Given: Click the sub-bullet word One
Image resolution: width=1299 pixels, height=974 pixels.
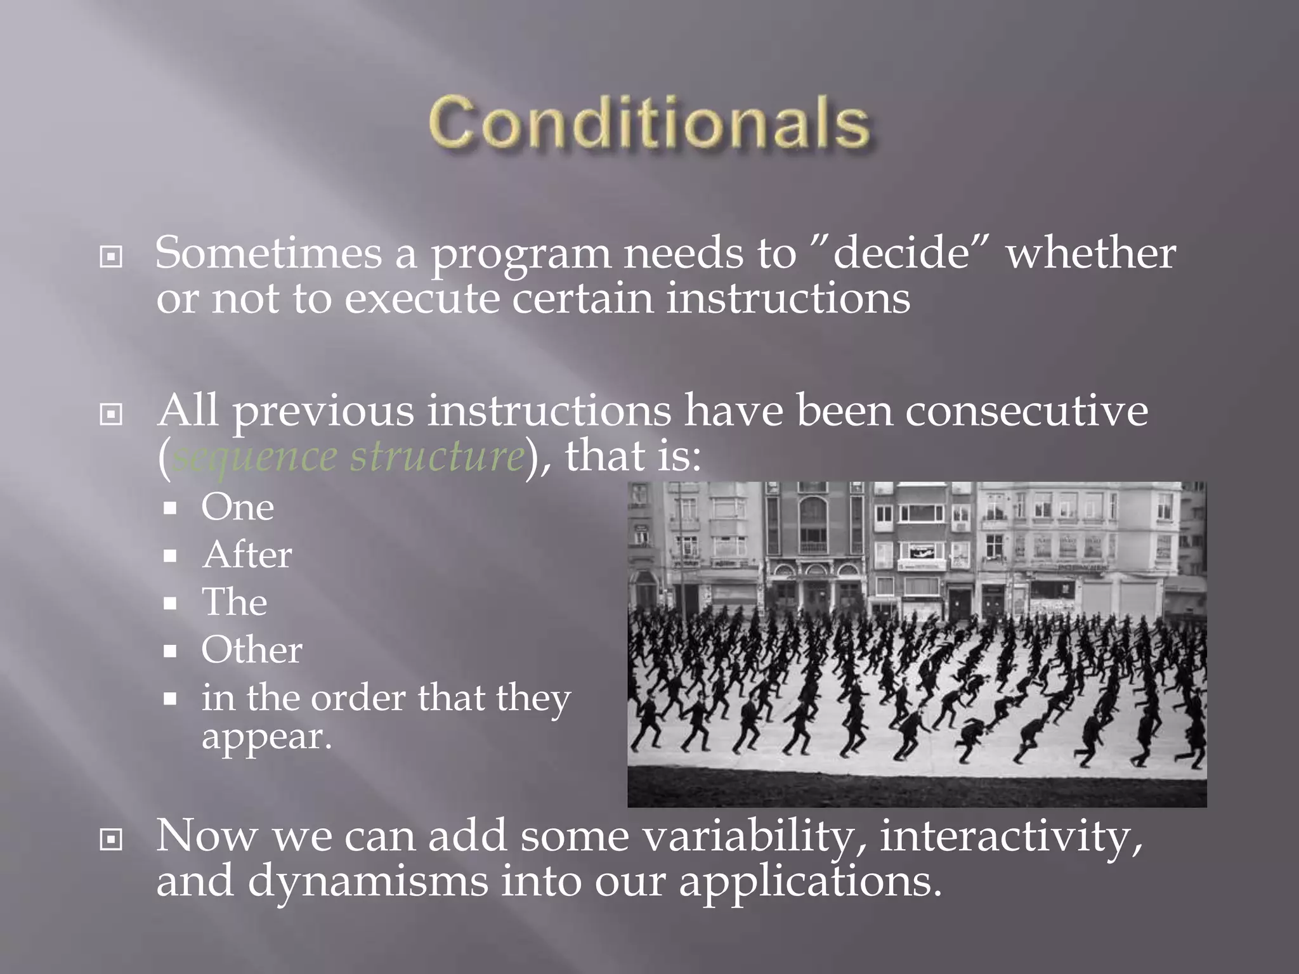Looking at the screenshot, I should click(237, 507).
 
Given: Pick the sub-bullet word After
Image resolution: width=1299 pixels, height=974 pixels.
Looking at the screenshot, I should click(247, 555).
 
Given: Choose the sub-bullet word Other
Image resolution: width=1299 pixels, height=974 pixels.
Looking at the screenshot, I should click(251, 651).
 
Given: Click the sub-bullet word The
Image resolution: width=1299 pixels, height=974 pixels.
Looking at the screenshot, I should click(234, 602).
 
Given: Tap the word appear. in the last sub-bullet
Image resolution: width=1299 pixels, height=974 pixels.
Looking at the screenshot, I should click(266, 737).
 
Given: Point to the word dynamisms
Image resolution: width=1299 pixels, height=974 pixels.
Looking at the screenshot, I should click(368, 881).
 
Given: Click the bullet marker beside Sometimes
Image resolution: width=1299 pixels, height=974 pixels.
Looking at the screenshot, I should click(111, 257).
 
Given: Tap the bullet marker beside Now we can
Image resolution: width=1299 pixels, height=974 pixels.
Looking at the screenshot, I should click(111, 840).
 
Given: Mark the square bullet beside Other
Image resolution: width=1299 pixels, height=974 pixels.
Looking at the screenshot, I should click(169, 651).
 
